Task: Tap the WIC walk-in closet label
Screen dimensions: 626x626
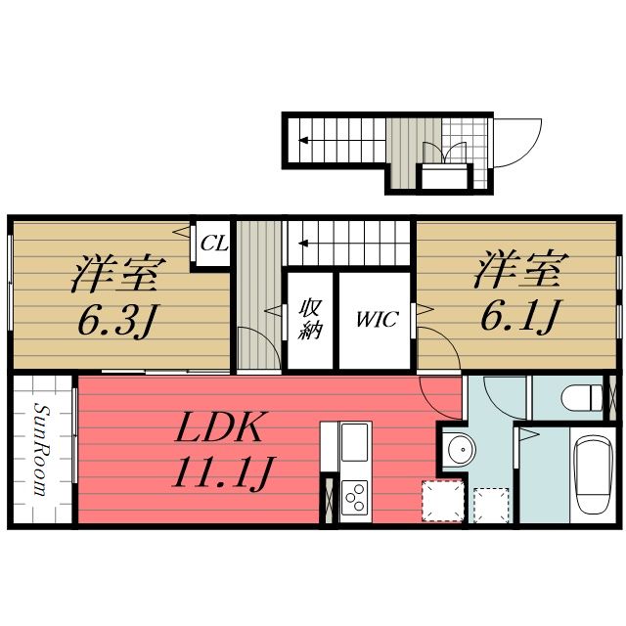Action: click(377, 320)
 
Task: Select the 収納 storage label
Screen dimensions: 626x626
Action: click(310, 320)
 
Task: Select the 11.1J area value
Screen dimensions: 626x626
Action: click(221, 474)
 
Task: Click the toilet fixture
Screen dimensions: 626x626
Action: click(584, 398)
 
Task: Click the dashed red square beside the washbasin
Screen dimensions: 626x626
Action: click(439, 500)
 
